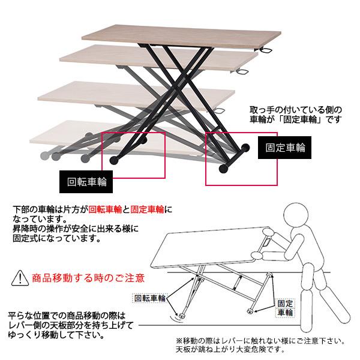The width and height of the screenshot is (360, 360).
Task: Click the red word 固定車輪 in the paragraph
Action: (x=147, y=211)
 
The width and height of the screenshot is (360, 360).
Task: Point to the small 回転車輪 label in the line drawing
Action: (x=148, y=297)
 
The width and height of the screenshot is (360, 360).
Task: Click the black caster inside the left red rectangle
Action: (x=113, y=161)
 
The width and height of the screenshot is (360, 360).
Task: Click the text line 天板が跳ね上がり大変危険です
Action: (x=239, y=349)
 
